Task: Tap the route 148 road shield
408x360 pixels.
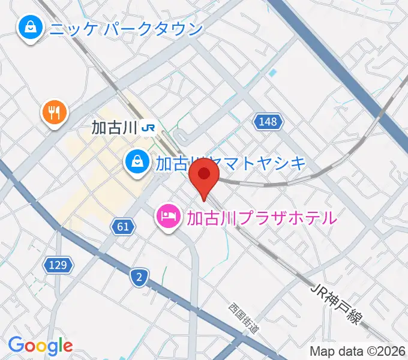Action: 268,122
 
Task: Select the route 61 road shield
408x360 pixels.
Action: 122,226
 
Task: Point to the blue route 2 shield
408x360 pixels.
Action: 139,277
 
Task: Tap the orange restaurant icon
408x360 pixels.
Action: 55,112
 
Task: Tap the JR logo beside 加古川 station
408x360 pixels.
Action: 150,127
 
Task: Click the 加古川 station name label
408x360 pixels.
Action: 115,127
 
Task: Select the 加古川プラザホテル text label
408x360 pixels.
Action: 261,217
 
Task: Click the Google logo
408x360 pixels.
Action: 40,346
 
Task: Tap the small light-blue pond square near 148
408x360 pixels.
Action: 273,73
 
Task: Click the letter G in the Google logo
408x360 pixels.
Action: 16,346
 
